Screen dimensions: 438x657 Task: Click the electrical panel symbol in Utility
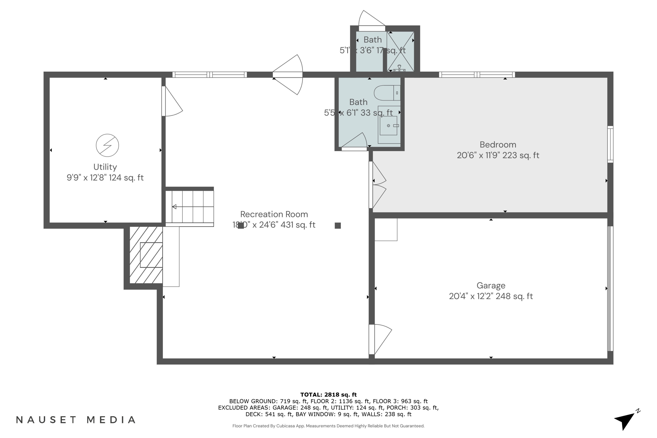(x=107, y=145)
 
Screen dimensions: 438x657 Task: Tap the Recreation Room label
(x=274, y=214)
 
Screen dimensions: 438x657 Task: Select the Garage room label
(x=491, y=286)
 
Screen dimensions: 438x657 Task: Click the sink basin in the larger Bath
(x=388, y=126)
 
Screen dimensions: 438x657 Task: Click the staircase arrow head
(x=174, y=207)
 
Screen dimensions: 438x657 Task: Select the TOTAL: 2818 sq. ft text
(x=328, y=395)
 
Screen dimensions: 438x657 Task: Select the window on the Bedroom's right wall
(x=610, y=144)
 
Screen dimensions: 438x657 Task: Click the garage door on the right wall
(x=610, y=288)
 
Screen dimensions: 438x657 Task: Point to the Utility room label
(x=105, y=167)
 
